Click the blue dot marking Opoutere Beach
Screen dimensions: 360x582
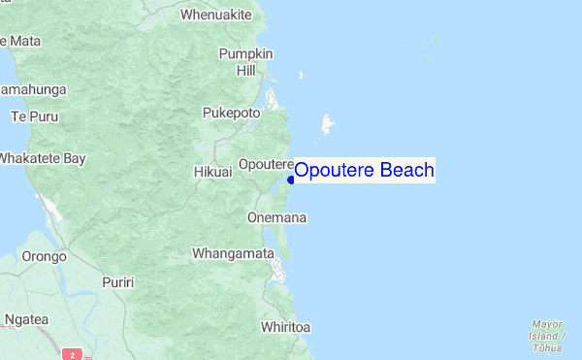(291, 179)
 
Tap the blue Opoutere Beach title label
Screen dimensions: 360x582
(364, 171)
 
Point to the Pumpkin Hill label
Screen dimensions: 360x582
(245, 61)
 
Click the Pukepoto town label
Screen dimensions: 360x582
(231, 113)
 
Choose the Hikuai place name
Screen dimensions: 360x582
(212, 171)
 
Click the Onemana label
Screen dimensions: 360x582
(277, 218)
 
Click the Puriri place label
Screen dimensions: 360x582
(118, 281)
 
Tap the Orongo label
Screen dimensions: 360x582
(44, 257)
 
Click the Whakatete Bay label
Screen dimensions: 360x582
(43, 157)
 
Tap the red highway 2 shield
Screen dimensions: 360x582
(73, 354)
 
